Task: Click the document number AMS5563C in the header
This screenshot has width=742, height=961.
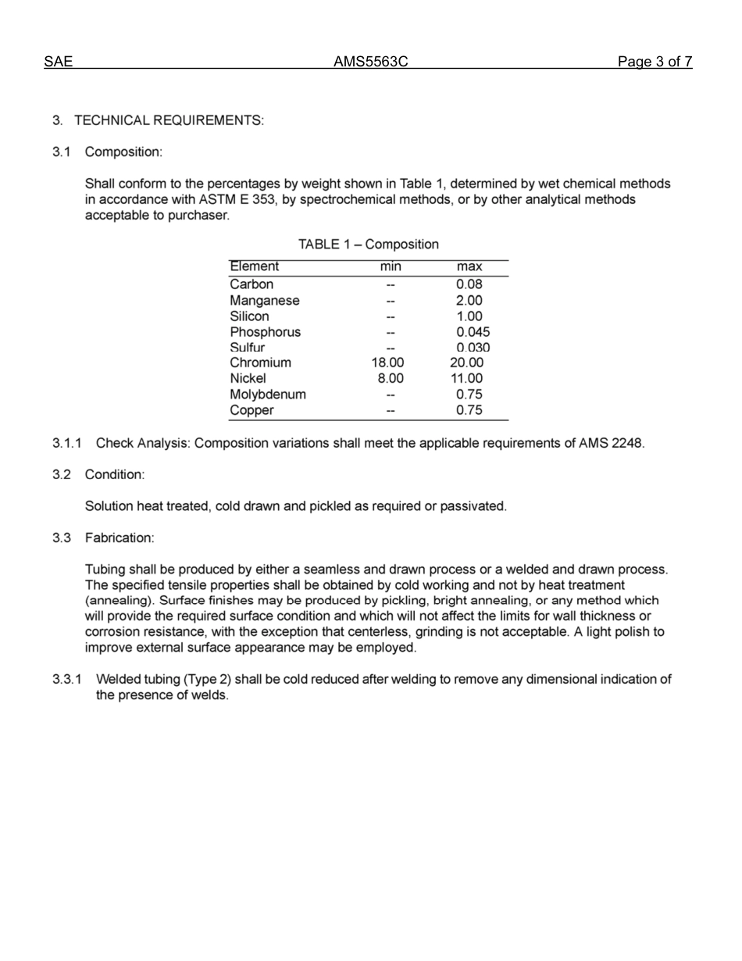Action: (x=370, y=62)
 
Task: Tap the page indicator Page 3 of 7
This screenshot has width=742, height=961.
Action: (x=655, y=62)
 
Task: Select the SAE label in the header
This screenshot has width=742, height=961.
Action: (x=58, y=62)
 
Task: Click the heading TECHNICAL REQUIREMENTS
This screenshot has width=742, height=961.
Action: (x=169, y=120)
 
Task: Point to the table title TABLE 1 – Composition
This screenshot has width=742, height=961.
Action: (x=369, y=245)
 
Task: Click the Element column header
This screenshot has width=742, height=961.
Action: (x=254, y=267)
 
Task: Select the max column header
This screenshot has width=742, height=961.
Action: (x=469, y=267)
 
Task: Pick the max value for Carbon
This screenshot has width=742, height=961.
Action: (x=469, y=284)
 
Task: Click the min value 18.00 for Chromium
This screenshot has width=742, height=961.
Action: (x=388, y=363)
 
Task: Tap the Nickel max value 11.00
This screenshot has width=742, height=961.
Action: (x=467, y=378)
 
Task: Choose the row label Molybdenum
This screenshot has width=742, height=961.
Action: (x=267, y=395)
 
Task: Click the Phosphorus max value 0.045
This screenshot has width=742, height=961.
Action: (x=473, y=332)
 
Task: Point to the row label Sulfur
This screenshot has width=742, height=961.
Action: (x=247, y=348)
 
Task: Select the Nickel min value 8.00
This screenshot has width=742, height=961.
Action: (x=391, y=378)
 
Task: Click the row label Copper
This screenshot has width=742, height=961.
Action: (x=251, y=410)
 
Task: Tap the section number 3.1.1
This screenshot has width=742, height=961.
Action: (x=67, y=443)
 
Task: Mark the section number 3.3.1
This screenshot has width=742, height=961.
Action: (x=67, y=679)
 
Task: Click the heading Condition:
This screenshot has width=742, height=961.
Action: (x=114, y=474)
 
